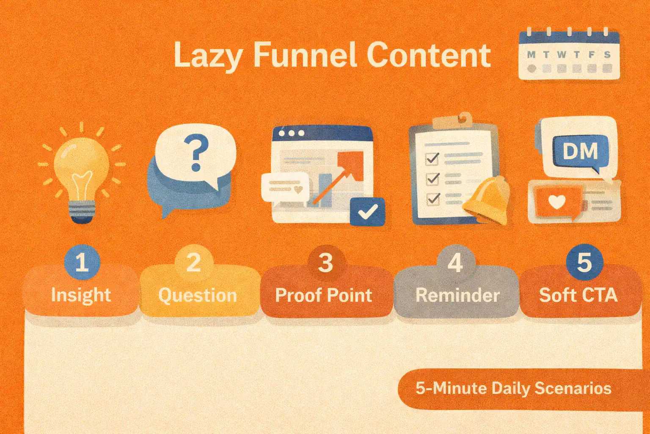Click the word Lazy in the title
[208, 56]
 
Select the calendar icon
[569, 55]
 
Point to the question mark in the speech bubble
[196, 152]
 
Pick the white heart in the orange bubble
[556, 202]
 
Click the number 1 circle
[82, 262]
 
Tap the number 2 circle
[193, 262]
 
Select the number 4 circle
[455, 263]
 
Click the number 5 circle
[584, 262]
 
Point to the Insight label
[81, 295]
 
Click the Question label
[198, 295]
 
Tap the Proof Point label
[324, 295]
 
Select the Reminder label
[457, 295]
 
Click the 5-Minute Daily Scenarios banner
[513, 389]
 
